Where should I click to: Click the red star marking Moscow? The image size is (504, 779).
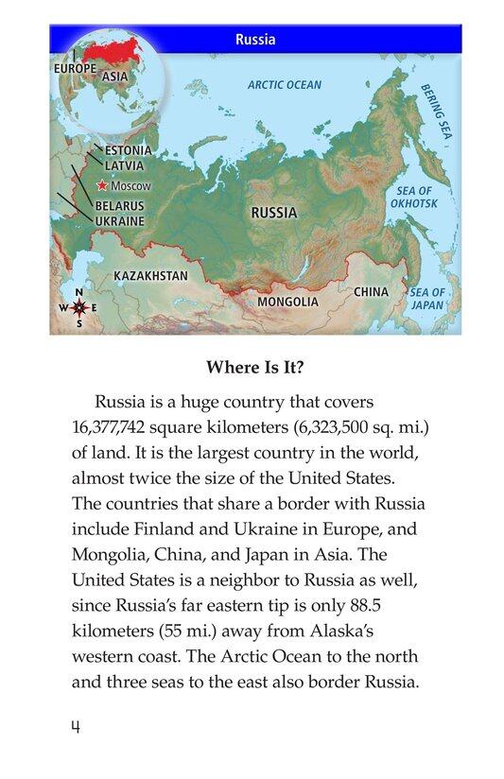tap(103, 186)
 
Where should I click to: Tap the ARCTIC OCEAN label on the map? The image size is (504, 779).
tap(285, 85)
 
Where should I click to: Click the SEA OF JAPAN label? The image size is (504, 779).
tap(427, 299)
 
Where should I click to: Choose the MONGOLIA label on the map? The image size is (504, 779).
tap(287, 302)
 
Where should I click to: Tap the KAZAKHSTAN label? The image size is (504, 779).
tap(150, 275)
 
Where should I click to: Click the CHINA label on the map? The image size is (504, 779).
tap(371, 292)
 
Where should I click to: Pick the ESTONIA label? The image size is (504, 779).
tap(128, 150)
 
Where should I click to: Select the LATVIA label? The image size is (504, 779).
tap(124, 165)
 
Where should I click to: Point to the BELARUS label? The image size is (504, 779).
tap(119, 205)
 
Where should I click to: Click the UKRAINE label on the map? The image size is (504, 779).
tap(119, 220)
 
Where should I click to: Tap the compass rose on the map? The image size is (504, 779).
tap(79, 307)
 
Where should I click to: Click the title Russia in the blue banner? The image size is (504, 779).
tap(255, 40)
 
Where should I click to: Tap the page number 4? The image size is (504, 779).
tap(77, 727)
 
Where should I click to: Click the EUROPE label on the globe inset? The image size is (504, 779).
tap(75, 68)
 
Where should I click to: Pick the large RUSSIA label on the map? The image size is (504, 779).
tap(273, 213)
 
